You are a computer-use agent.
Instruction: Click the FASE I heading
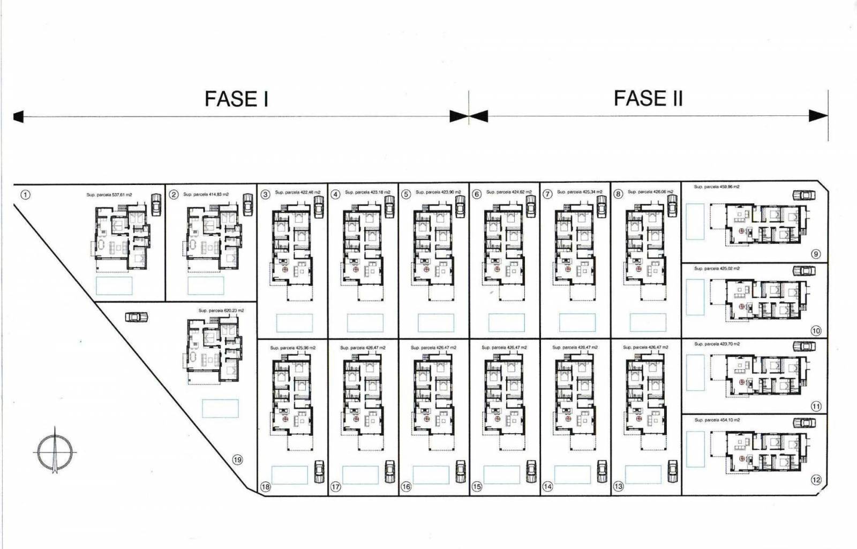pyautogui.click(x=236, y=99)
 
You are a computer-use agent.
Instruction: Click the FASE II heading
pyautogui.click(x=648, y=99)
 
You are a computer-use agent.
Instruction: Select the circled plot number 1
pyautogui.click(x=25, y=195)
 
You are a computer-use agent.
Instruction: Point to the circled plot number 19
pyautogui.click(x=237, y=459)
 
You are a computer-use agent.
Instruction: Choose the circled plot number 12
pyautogui.click(x=816, y=480)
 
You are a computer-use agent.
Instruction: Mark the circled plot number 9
pyautogui.click(x=816, y=254)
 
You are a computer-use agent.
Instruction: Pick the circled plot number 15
pyautogui.click(x=477, y=487)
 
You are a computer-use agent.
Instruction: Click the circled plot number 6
pyautogui.click(x=477, y=194)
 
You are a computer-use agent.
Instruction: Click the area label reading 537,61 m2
pyautogui.click(x=109, y=195)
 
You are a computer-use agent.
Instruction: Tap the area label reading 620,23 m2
pyautogui.click(x=221, y=310)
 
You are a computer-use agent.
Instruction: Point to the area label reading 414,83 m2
pyautogui.click(x=206, y=194)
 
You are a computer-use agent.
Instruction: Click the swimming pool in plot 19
pyautogui.click(x=220, y=409)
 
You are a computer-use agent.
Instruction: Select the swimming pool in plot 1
pyautogui.click(x=114, y=285)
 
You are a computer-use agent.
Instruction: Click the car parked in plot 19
pyautogui.click(x=136, y=317)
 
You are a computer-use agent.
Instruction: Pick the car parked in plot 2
pyautogui.click(x=248, y=204)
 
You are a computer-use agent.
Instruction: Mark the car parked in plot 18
pyautogui.click(x=319, y=471)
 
